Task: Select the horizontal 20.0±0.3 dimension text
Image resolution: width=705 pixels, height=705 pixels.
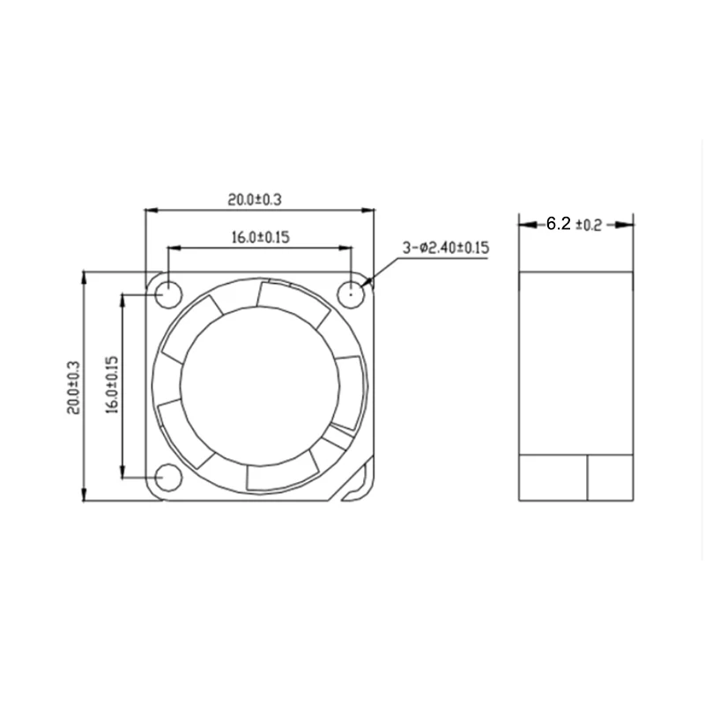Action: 255,199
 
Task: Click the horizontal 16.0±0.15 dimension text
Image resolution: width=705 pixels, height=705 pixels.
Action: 261,237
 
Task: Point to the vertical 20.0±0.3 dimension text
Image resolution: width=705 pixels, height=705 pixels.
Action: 73,388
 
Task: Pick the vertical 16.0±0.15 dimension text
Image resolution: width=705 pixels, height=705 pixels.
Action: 112,385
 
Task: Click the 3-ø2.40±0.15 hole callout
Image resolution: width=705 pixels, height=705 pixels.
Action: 446,248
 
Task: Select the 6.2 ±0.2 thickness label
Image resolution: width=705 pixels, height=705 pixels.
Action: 574,224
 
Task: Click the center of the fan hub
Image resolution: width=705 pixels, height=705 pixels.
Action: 260,386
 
